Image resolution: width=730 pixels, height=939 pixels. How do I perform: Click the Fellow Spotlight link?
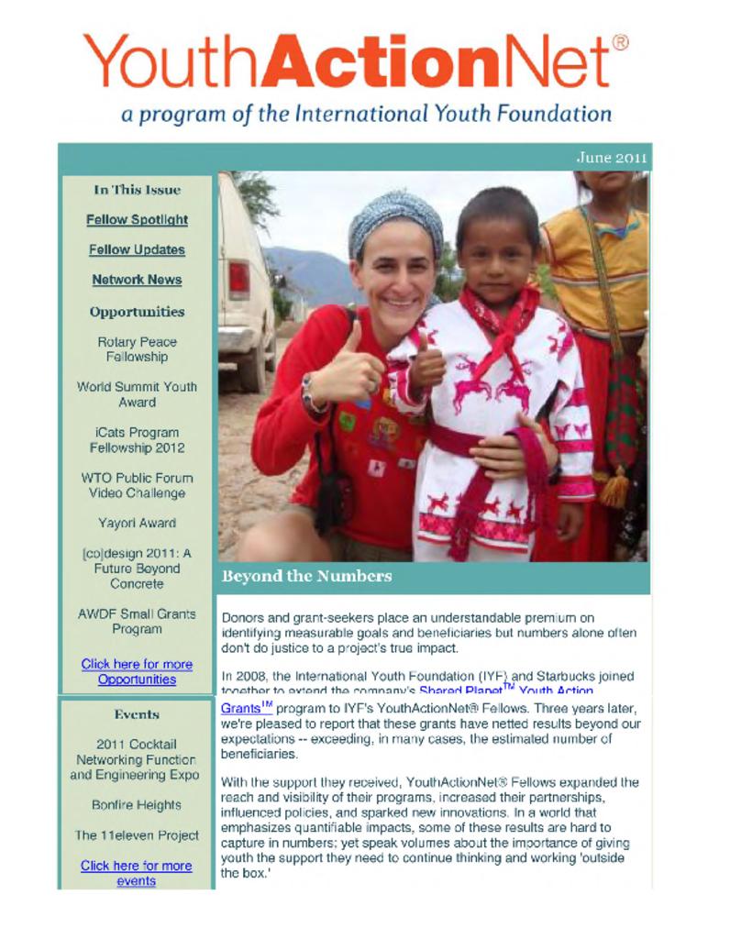tap(137, 220)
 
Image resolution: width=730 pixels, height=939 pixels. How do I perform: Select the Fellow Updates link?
tap(137, 249)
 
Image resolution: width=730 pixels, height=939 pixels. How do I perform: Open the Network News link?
tap(137, 280)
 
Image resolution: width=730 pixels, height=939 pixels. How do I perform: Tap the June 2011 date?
tap(611, 157)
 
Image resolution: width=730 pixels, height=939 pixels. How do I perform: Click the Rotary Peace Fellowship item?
tap(137, 348)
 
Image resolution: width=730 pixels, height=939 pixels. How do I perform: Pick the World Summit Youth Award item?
tap(137, 394)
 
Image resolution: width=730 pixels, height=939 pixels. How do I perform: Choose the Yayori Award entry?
tap(137, 523)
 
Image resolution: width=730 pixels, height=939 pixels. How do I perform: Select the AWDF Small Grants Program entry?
tap(137, 621)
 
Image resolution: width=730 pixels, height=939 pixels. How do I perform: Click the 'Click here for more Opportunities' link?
tap(137, 671)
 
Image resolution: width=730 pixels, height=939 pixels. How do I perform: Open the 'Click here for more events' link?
tap(136, 873)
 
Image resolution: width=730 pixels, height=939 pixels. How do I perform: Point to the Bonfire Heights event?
tap(137, 805)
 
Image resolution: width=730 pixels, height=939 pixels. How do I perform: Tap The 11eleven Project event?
tap(137, 835)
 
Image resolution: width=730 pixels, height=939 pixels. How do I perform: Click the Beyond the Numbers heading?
tap(306, 576)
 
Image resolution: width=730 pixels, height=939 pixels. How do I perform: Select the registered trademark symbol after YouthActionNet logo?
tap(620, 42)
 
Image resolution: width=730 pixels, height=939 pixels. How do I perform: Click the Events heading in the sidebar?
tap(137, 714)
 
